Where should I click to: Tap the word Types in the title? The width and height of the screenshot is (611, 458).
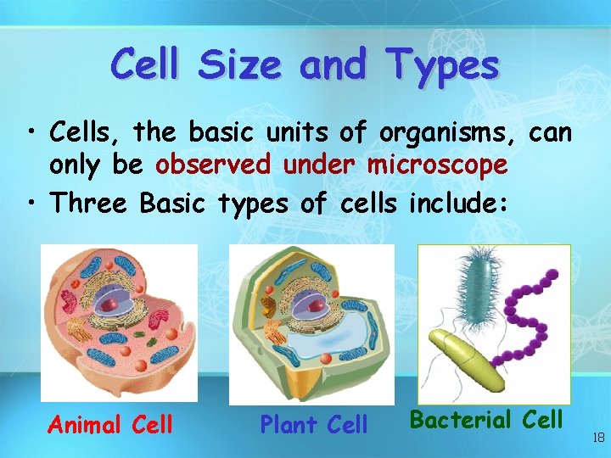(x=442, y=64)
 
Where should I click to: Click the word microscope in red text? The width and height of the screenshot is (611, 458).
(x=437, y=165)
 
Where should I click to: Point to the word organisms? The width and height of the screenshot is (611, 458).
(x=449, y=132)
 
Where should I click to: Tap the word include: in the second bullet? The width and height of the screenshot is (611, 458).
(x=462, y=204)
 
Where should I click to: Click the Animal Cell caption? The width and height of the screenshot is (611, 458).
(x=110, y=423)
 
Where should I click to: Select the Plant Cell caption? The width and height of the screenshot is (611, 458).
(x=313, y=423)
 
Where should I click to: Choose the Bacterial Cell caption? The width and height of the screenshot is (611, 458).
(x=486, y=419)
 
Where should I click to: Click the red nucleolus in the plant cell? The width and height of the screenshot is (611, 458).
(x=314, y=303)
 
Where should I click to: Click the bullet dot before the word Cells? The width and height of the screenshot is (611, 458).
(x=31, y=133)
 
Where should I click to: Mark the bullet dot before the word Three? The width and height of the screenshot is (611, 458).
(x=31, y=204)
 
